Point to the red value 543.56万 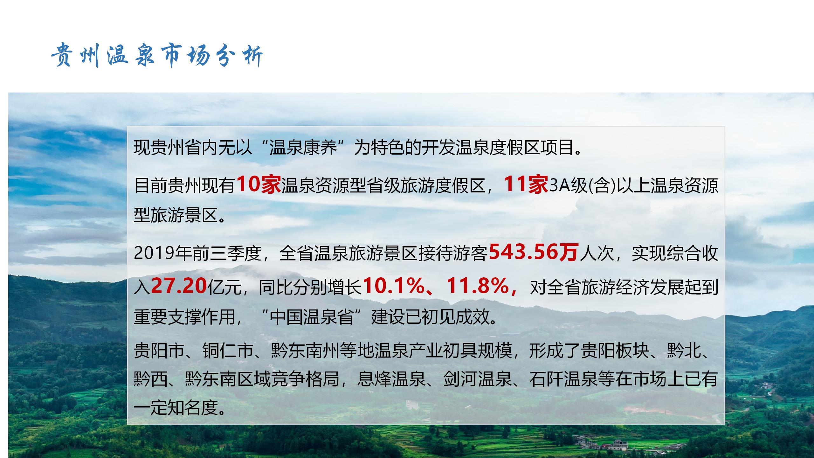pos(533,252)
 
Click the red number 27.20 pos(179,286)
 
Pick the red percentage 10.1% pos(393,286)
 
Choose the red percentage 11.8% pos(478,286)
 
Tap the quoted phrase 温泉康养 pos(303,148)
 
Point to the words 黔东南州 pos(305,350)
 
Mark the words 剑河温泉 pos(478,379)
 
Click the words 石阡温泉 pos(563,379)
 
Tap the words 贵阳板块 pos(615,350)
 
